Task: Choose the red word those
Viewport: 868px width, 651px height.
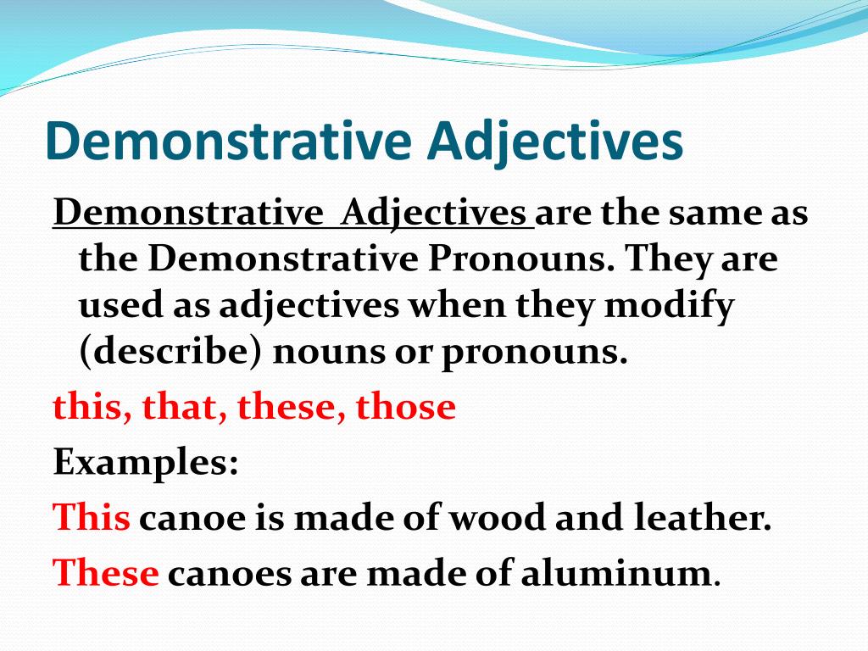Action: (x=405, y=407)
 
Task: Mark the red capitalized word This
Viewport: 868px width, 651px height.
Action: (x=92, y=518)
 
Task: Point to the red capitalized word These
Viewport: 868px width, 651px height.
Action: (x=106, y=574)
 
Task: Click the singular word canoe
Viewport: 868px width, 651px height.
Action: (x=192, y=518)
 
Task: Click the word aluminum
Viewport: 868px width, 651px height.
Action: (x=615, y=574)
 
